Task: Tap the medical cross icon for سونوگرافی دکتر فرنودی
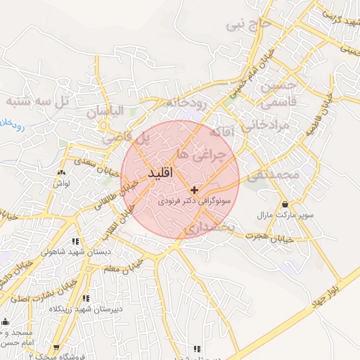[195, 190]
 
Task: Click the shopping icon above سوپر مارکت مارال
[286, 203]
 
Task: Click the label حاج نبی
[248, 26]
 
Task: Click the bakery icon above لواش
[61, 172]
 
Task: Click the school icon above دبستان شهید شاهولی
[75, 241]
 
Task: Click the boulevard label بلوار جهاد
[326, 290]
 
